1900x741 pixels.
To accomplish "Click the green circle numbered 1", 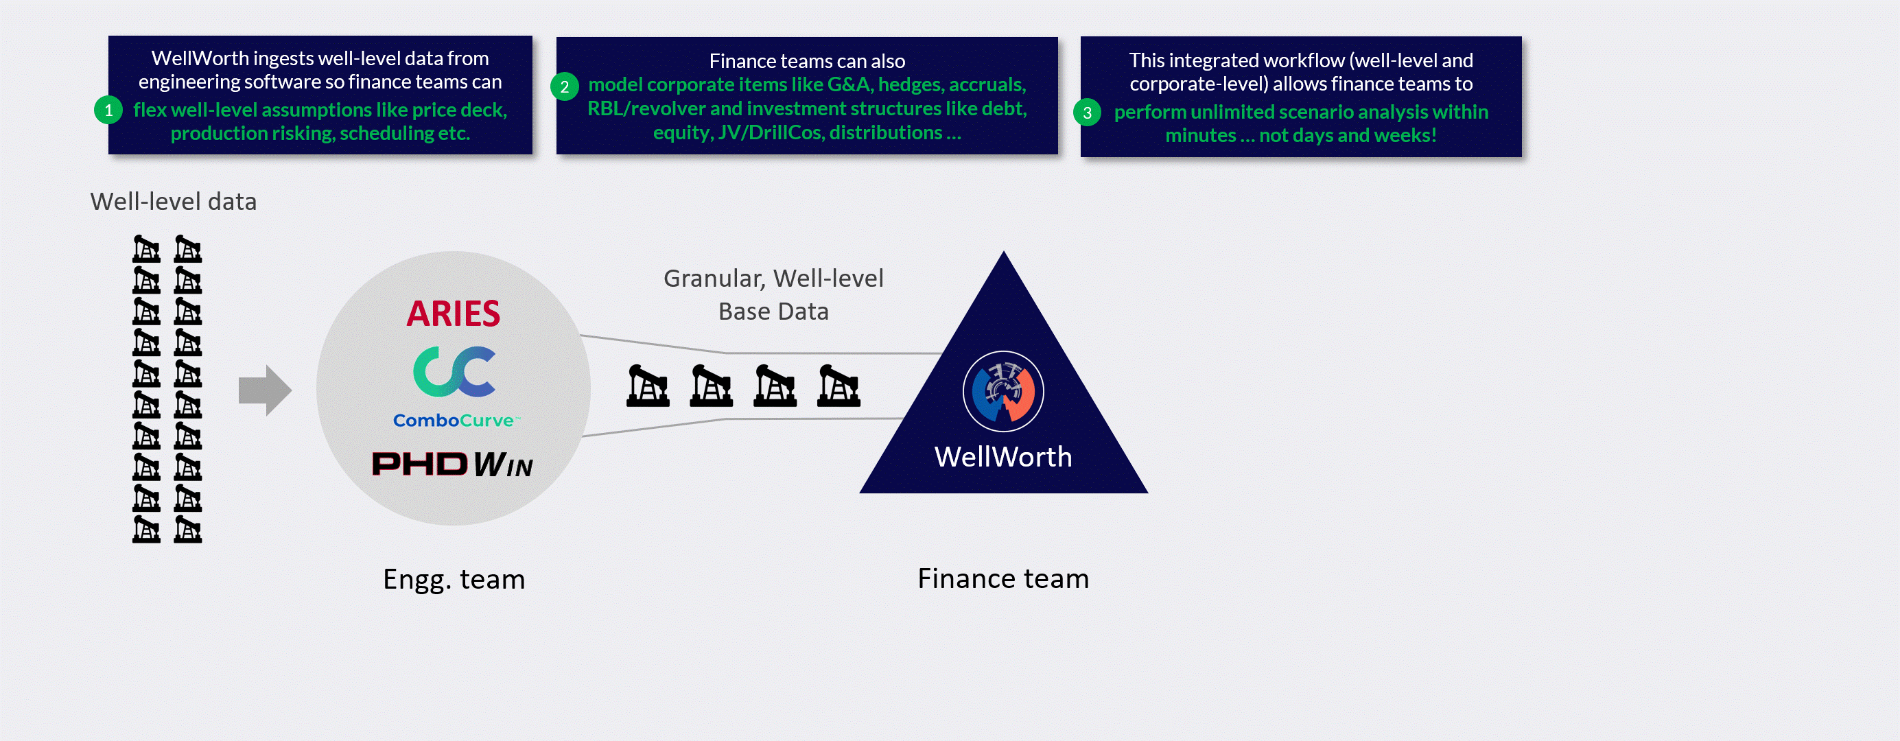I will (x=108, y=110).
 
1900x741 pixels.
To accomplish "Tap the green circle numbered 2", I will (x=564, y=87).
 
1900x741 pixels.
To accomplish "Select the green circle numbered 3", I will (x=1086, y=113).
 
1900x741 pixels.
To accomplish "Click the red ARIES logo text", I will (x=453, y=314).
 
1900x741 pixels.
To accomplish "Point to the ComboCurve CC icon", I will (x=454, y=372).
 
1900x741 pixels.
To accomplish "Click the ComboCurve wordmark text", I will (x=454, y=421).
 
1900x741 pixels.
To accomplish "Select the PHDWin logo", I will (x=452, y=464).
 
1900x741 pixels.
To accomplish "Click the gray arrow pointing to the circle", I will (x=265, y=390).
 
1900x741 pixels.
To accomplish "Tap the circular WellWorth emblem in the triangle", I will (x=1002, y=392).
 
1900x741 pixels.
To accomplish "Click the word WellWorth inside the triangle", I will (x=1002, y=457).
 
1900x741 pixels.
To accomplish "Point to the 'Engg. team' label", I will (x=454, y=580).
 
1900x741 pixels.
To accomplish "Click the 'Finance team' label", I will (x=1002, y=579).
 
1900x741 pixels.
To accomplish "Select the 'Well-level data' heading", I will (x=174, y=201).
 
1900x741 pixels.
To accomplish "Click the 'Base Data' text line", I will (x=773, y=312).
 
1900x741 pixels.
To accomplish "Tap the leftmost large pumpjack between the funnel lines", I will (x=648, y=386).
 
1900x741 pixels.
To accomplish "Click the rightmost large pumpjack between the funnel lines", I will (x=838, y=386).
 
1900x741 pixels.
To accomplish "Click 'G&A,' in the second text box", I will (x=849, y=85).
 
